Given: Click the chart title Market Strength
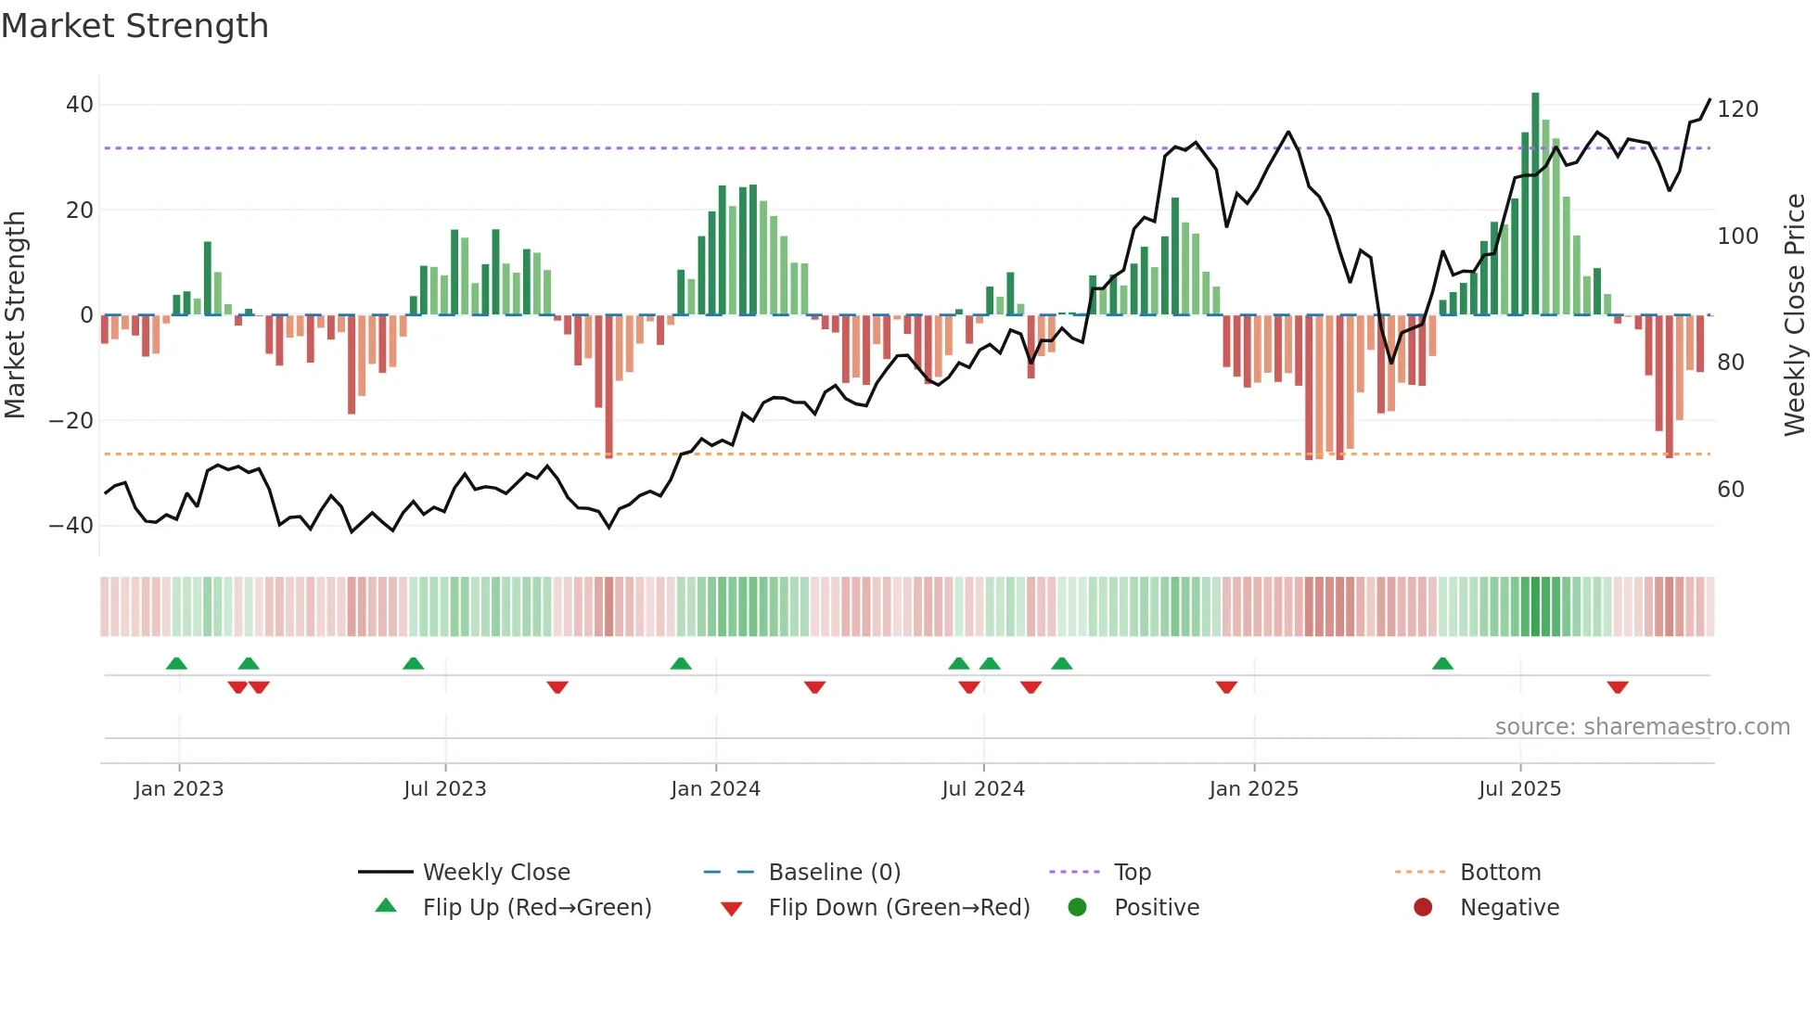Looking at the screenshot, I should coord(134,26).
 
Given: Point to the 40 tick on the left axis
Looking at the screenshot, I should coord(79,105).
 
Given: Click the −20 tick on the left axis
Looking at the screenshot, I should coord(70,421).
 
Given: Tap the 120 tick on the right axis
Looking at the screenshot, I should coord(1737,109).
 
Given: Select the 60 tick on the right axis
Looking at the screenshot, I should coord(1730,490).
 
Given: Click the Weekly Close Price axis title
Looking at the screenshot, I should coord(1795,315).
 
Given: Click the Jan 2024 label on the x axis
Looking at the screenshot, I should coord(715,789).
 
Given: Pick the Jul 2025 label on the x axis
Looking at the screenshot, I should coord(1519,789).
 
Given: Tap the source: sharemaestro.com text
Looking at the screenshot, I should coord(1642,727).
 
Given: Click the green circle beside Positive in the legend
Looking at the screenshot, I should coord(1077,907).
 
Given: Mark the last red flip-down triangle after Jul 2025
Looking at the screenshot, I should coord(1618,687).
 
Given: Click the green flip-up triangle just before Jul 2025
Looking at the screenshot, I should coord(1442,663).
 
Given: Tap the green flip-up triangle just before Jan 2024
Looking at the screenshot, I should coord(681,663).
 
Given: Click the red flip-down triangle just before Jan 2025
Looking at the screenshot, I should coord(1226,687).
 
